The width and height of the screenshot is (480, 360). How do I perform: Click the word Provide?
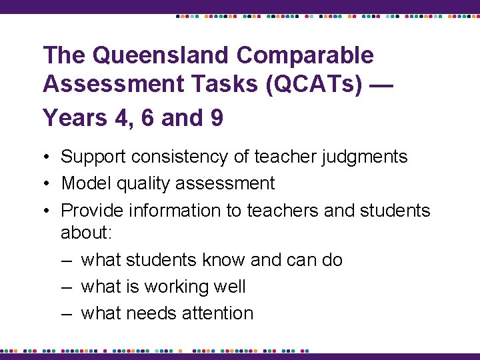[91, 211]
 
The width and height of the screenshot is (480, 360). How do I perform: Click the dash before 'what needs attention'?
[67, 313]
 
